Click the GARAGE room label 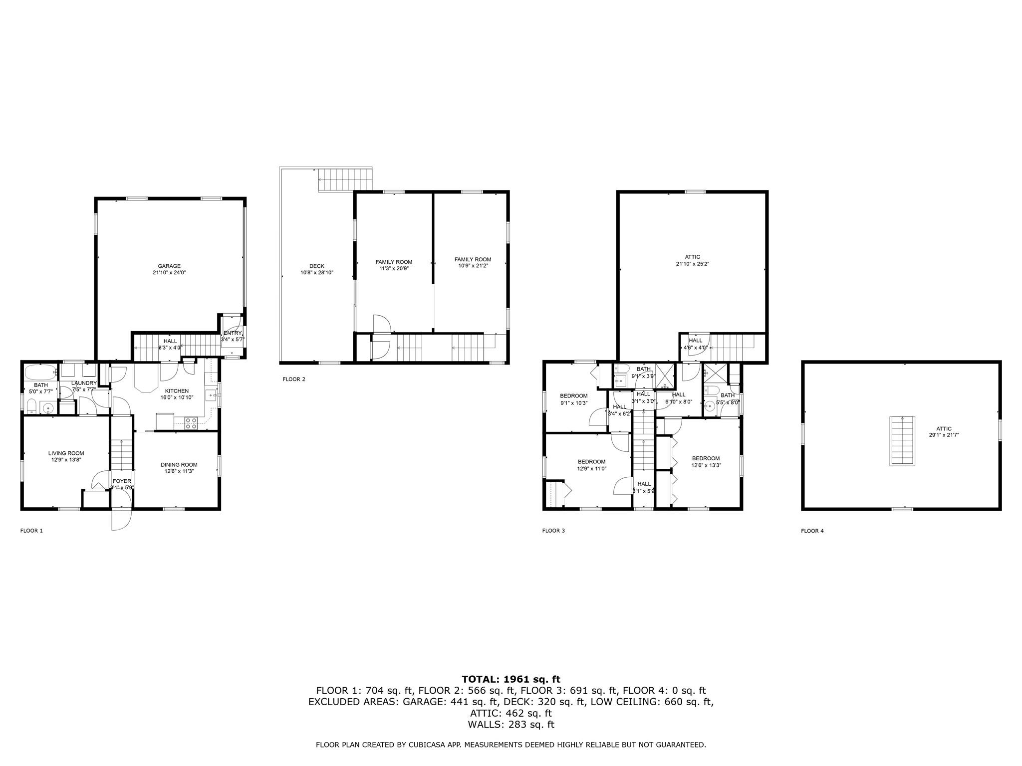pyautogui.click(x=169, y=266)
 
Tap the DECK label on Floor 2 pyautogui.click(x=316, y=266)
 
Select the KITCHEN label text pyautogui.click(x=177, y=391)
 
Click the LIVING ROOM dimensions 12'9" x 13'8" pyautogui.click(x=66, y=460)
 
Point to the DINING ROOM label pyautogui.click(x=179, y=465)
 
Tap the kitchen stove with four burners pyautogui.click(x=191, y=423)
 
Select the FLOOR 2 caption pyautogui.click(x=294, y=380)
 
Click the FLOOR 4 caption pyautogui.click(x=812, y=531)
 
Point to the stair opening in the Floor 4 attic pyautogui.click(x=902, y=441)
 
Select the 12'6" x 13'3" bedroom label pyautogui.click(x=706, y=465)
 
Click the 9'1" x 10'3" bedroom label pyautogui.click(x=573, y=403)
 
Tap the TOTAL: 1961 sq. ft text pyautogui.click(x=511, y=679)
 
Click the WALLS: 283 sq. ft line pyautogui.click(x=511, y=725)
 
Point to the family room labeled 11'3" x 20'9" pyautogui.click(x=394, y=269)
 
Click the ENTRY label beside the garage pyautogui.click(x=233, y=333)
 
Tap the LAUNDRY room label pyautogui.click(x=84, y=383)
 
